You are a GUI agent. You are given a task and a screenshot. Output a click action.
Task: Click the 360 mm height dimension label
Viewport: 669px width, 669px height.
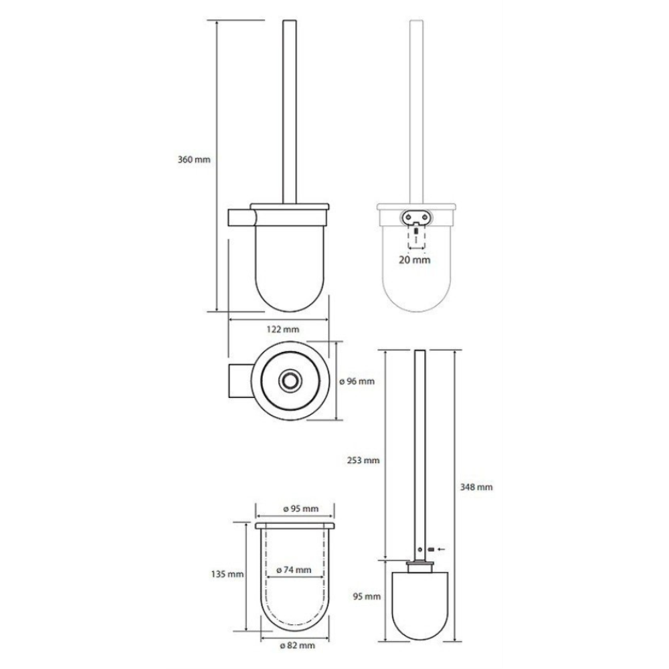click(194, 160)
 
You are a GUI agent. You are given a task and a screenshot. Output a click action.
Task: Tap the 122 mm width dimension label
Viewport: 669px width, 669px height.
click(283, 329)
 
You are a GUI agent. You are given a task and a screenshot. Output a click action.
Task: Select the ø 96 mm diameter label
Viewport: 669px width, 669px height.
click(357, 381)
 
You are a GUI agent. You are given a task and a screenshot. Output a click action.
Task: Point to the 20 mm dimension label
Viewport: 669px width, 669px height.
click(415, 260)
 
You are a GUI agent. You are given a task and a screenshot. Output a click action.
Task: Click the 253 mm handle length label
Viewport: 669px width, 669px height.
click(363, 460)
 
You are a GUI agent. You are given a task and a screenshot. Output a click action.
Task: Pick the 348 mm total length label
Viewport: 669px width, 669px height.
click(476, 487)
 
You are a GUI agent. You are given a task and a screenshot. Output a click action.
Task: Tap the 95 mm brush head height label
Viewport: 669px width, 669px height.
click(367, 597)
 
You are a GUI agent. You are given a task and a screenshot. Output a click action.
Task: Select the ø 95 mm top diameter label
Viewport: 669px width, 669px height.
click(301, 508)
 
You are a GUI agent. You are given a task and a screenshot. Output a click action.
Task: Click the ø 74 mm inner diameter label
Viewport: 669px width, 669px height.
click(294, 569)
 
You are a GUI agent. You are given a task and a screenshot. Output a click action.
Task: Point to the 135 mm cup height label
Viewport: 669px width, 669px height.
click(227, 574)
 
